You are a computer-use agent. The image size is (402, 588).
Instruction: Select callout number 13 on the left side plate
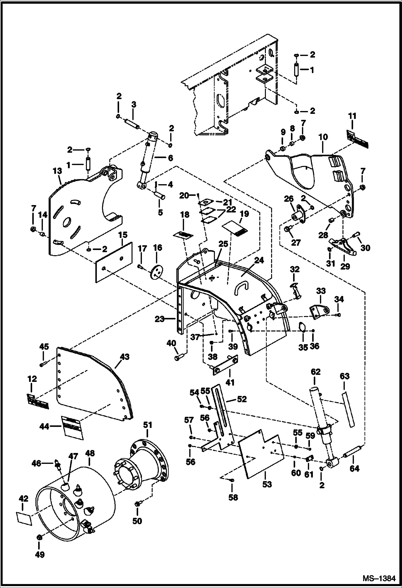click(57, 171)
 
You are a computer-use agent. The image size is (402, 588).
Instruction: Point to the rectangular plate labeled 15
click(114, 262)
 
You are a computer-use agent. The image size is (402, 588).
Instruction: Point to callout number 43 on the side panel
click(125, 357)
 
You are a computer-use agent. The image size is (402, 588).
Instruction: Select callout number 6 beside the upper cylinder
click(170, 158)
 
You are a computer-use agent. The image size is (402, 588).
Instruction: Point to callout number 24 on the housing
click(259, 260)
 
